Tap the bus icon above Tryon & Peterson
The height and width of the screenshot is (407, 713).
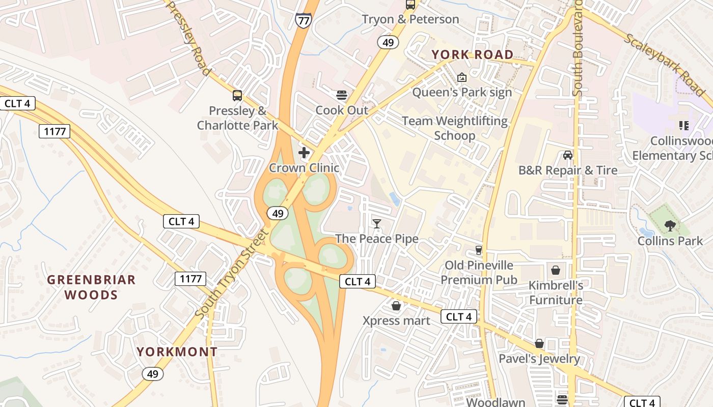pyautogui.click(x=410, y=5)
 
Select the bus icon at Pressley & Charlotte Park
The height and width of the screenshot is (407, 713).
pyautogui.click(x=237, y=95)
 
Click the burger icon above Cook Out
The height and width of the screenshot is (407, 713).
pyautogui.click(x=342, y=95)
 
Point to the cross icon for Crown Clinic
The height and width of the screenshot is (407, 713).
pyautogui.click(x=304, y=152)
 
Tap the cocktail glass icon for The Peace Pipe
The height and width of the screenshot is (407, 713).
pyautogui.click(x=377, y=223)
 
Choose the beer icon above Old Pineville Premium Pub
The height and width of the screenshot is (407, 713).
pyautogui.click(x=479, y=250)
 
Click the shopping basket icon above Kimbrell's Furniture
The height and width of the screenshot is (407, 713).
pyautogui.click(x=556, y=270)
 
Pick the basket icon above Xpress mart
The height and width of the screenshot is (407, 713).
pyautogui.click(x=396, y=306)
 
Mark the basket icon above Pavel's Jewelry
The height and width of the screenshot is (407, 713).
pyautogui.click(x=539, y=343)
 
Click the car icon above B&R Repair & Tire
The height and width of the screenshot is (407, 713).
pyautogui.click(x=567, y=155)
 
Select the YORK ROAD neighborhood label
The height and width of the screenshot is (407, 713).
pyautogui.click(x=473, y=55)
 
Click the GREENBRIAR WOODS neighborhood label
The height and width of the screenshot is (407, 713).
pyautogui.click(x=92, y=287)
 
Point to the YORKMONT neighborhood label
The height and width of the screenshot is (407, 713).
pyautogui.click(x=177, y=352)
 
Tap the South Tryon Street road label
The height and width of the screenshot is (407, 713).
pyautogui.click(x=232, y=275)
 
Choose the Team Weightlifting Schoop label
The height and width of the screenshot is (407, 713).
pyautogui.click(x=455, y=128)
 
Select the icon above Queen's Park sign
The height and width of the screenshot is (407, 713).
pyautogui.click(x=462, y=77)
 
